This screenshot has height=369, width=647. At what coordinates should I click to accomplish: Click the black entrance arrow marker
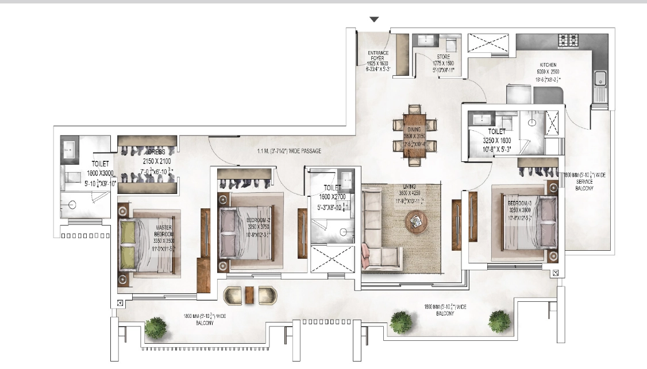(x=374, y=20)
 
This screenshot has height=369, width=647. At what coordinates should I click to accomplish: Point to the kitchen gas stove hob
(x=568, y=40)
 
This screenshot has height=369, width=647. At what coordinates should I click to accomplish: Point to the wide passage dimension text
(x=289, y=151)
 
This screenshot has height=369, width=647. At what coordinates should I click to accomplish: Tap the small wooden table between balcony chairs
(x=249, y=294)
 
